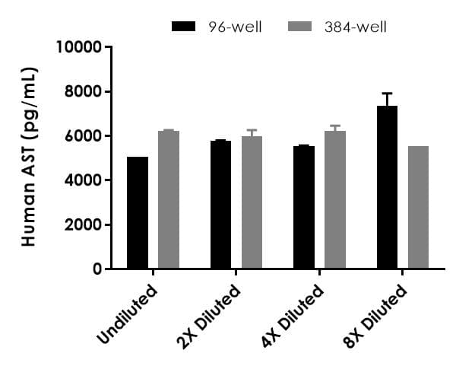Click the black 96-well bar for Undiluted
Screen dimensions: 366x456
[138, 213]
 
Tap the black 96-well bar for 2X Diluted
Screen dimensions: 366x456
[220, 205]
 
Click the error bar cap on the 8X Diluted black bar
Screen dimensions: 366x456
[387, 93]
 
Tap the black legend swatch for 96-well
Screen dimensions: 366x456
[185, 27]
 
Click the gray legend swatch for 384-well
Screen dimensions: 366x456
[302, 27]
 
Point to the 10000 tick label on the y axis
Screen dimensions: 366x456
[79, 47]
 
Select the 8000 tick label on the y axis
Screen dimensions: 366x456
[83, 92]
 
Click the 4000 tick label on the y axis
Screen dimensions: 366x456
[83, 180]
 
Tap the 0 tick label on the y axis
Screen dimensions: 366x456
[97, 269]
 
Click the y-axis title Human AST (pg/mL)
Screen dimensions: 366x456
[30, 158]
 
